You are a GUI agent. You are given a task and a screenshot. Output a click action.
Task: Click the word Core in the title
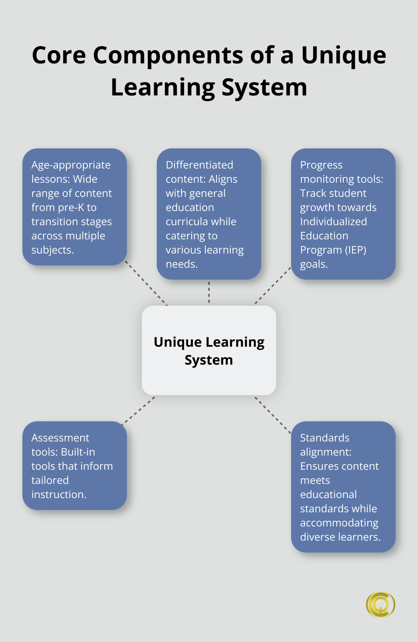(59, 56)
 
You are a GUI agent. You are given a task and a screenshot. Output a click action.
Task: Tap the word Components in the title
(168, 56)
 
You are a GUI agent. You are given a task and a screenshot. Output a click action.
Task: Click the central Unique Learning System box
(209, 350)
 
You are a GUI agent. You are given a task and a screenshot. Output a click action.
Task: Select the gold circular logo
(380, 604)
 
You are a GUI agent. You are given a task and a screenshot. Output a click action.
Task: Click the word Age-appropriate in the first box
(71, 165)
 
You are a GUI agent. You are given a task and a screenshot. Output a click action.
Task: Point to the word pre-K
(70, 207)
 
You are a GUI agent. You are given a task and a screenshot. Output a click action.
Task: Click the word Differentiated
(199, 165)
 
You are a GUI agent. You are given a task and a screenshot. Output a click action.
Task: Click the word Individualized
(333, 221)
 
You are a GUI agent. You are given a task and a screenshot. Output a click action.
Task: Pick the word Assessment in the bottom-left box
(60, 438)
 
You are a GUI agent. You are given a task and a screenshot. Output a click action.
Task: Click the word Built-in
(78, 452)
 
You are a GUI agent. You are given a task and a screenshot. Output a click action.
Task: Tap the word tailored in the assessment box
(50, 480)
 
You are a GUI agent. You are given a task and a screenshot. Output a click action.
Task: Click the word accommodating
(339, 523)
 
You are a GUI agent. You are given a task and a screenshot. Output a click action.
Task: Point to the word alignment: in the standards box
(325, 452)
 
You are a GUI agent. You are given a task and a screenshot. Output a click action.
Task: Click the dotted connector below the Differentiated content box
(209, 292)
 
